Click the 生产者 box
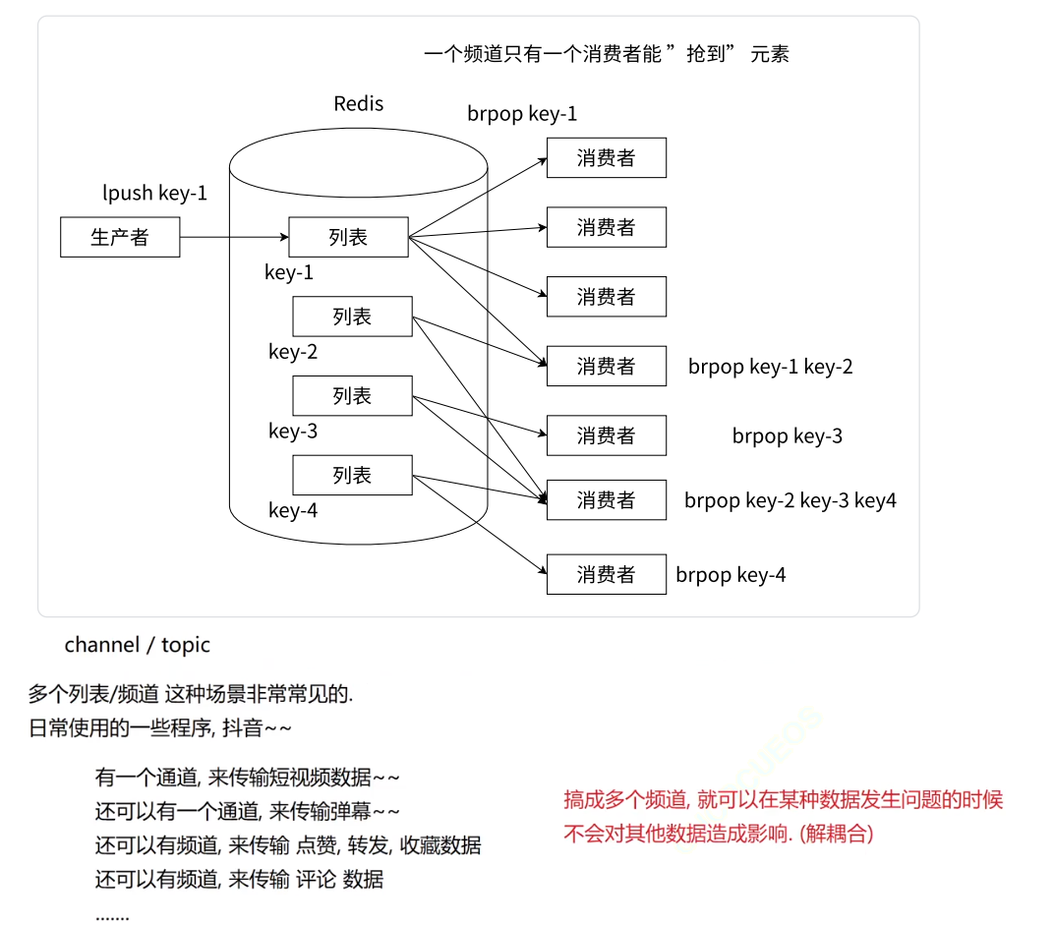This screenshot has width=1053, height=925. [x=120, y=238]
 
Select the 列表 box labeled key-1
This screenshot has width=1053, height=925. [x=348, y=237]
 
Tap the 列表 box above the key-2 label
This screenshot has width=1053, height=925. [x=352, y=317]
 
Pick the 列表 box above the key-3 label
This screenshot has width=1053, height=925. [x=352, y=396]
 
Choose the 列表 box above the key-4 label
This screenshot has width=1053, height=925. [x=352, y=476]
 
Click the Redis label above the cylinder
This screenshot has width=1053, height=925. [x=359, y=104]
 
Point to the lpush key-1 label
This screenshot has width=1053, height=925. [x=155, y=194]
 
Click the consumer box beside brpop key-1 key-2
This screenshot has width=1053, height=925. [x=606, y=367]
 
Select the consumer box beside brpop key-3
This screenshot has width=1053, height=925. [x=606, y=435]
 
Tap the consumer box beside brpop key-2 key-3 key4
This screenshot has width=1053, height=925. [x=606, y=500]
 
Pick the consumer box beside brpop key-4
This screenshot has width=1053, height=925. [x=606, y=575]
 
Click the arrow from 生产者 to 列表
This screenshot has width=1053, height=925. [x=234, y=238]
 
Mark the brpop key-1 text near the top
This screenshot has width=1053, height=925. [x=522, y=114]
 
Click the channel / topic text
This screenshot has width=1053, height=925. [x=138, y=646]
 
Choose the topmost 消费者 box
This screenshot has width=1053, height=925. [x=606, y=158]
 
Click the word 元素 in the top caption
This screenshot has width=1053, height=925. [x=770, y=55]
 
